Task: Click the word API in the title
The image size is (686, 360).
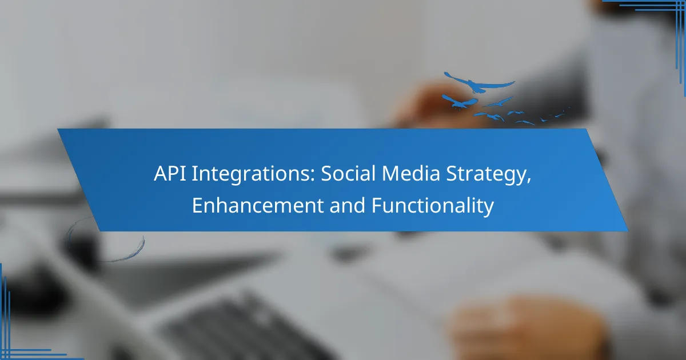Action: point(170,173)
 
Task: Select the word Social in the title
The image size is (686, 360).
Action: point(348,173)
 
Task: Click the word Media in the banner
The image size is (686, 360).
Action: point(411,173)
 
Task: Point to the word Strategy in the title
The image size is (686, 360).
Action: point(486,175)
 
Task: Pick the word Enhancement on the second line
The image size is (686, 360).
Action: point(258,205)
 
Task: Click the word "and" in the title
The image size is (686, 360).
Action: point(348,205)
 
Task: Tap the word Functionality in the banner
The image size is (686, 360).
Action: point(433,206)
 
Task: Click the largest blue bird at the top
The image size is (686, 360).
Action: point(479,83)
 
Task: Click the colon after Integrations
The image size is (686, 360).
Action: point(313,177)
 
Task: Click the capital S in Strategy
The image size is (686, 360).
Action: point(452,174)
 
